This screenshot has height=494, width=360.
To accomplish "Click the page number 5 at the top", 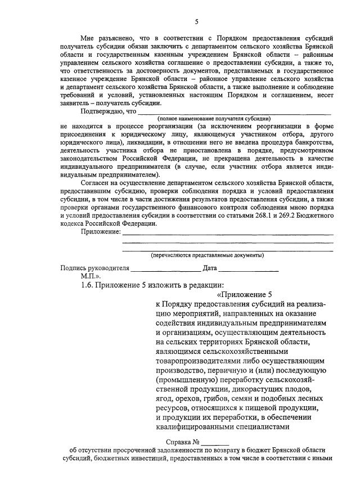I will coord(196,22).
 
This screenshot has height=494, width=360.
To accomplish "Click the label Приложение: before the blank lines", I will coord(101,231).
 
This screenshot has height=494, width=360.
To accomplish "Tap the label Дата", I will coord(210,268).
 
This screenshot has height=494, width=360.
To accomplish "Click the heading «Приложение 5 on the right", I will coord(244,295).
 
